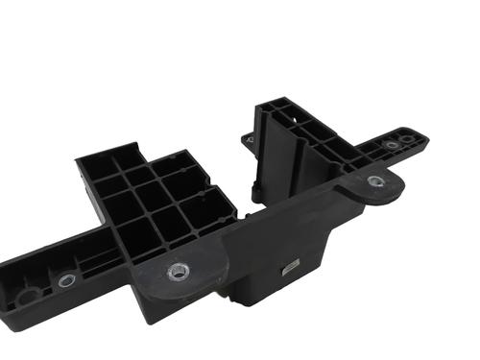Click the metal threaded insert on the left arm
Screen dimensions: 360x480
(x=64, y=281)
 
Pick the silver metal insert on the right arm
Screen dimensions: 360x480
(x=392, y=145)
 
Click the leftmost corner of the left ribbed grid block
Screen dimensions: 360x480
(x=78, y=161)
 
